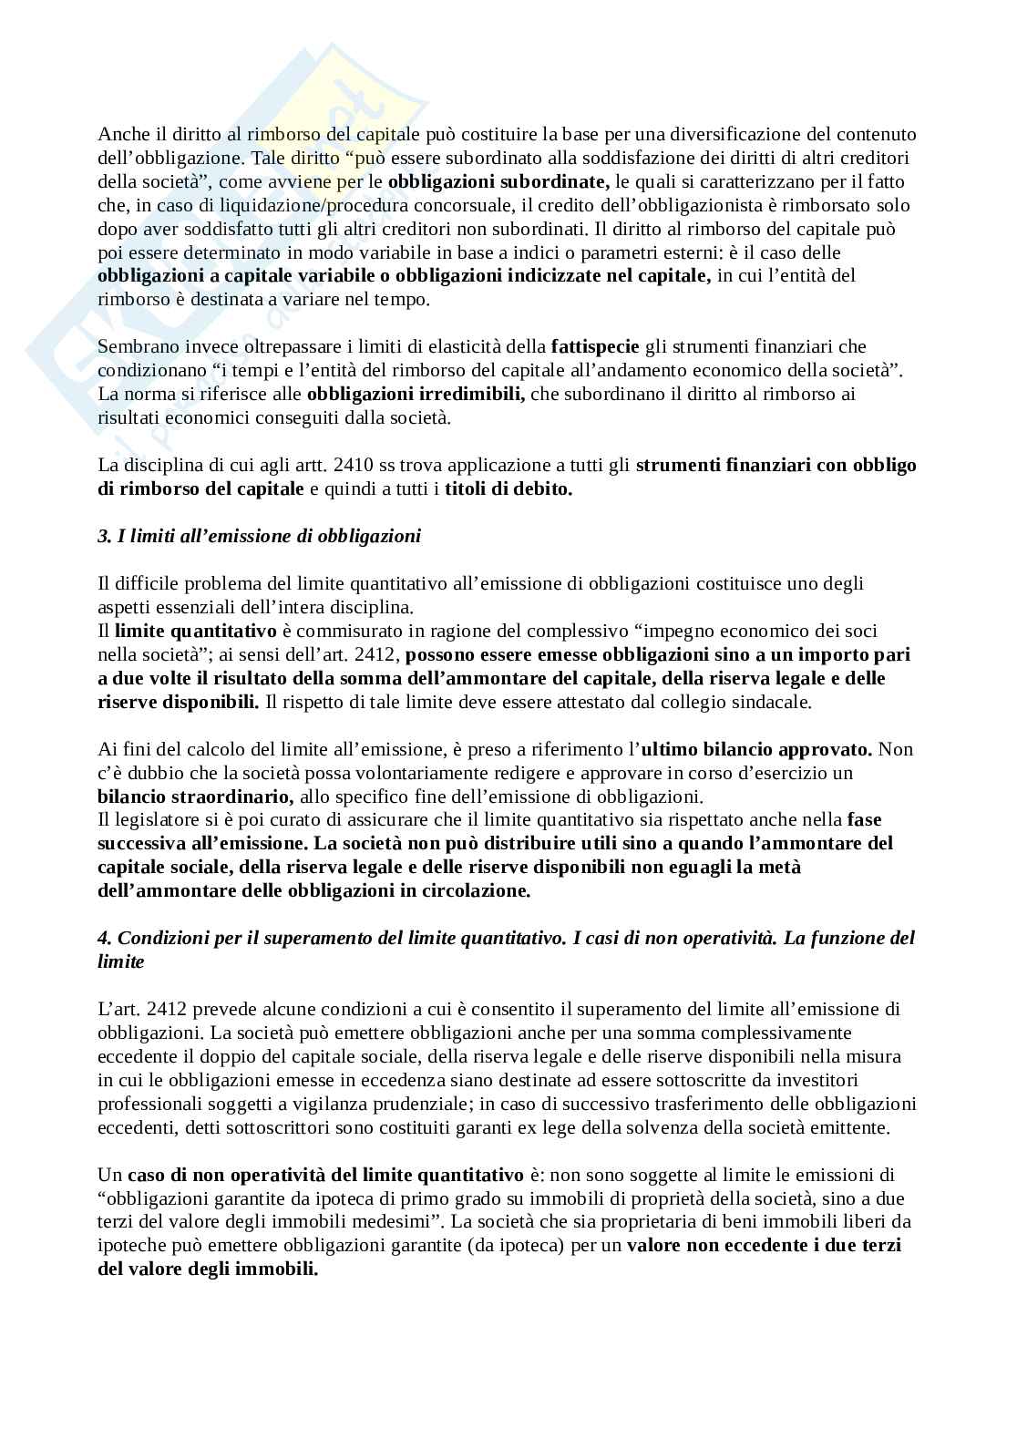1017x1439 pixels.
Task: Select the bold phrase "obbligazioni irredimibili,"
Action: pyautogui.click(x=416, y=394)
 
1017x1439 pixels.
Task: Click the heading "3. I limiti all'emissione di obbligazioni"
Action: pyautogui.click(x=259, y=536)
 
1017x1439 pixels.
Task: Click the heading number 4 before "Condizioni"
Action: pyautogui.click(x=103, y=938)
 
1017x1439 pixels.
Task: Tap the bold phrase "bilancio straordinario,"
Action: pyautogui.click(x=195, y=797)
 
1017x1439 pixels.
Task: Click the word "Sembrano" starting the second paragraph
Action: pyautogui.click(x=135, y=346)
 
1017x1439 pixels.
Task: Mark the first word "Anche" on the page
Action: pyautogui.click(x=120, y=134)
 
